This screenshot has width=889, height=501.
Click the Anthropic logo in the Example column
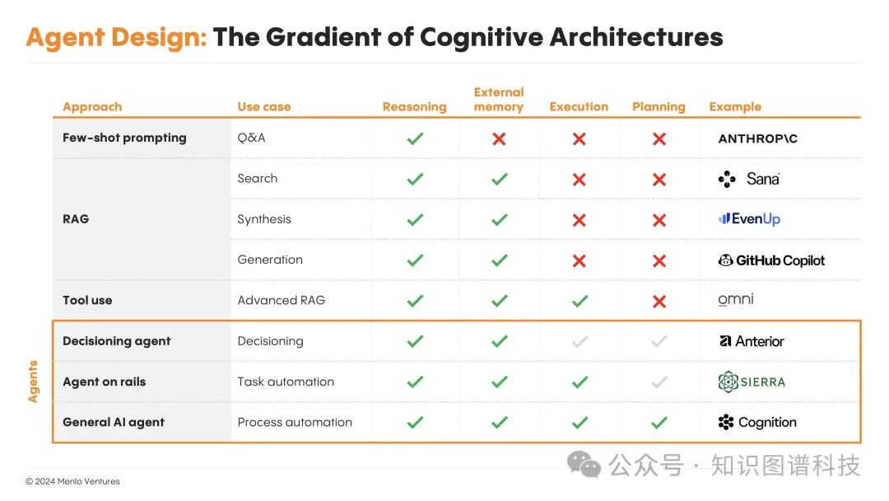click(x=757, y=139)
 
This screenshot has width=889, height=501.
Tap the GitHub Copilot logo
click(x=771, y=260)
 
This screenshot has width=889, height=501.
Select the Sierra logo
click(x=752, y=382)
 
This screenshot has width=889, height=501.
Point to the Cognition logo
click(x=757, y=423)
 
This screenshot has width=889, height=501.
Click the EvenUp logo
click(x=749, y=219)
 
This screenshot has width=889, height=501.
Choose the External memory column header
click(x=499, y=100)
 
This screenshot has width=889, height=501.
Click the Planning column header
click(x=659, y=107)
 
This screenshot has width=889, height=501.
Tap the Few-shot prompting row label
click(x=124, y=138)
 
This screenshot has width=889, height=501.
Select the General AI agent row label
click(x=114, y=423)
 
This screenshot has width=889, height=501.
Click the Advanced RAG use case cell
click(x=282, y=301)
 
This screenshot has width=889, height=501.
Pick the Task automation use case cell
click(x=286, y=382)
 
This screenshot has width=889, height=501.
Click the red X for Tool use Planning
click(x=659, y=302)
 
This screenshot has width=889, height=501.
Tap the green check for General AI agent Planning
click(x=659, y=423)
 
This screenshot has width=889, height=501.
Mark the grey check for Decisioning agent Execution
click(x=579, y=342)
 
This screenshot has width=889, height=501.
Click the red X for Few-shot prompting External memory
click(x=499, y=139)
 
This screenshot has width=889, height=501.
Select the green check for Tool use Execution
click(x=579, y=302)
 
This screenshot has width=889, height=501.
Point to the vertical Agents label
click(x=34, y=382)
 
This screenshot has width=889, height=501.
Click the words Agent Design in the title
click(x=116, y=37)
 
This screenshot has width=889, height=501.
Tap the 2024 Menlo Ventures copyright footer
click(x=72, y=482)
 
